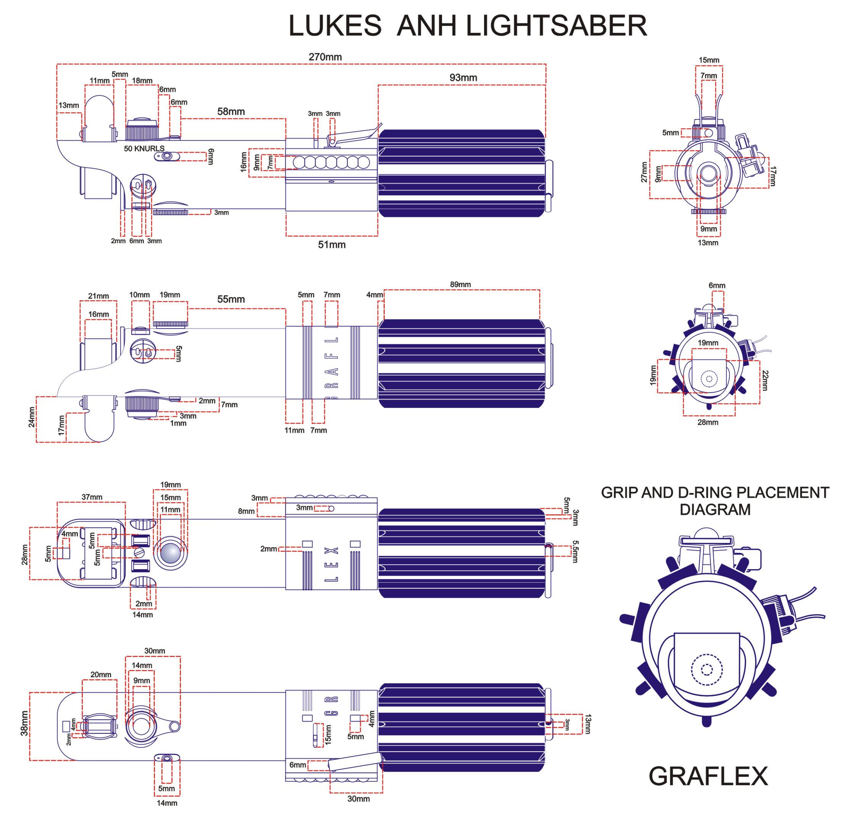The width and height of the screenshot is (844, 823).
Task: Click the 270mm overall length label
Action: [325, 56]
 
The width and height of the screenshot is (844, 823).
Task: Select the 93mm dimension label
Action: [463, 78]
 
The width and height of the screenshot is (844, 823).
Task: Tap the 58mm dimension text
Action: [231, 111]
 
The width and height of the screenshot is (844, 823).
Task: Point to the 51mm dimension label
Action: [332, 245]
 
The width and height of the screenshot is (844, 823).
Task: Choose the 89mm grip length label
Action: [460, 284]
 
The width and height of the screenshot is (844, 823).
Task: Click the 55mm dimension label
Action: [231, 299]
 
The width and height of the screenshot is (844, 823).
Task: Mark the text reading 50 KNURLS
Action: [144, 148]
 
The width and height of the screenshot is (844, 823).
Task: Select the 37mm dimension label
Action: [92, 497]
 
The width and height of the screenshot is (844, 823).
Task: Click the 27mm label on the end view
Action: [644, 172]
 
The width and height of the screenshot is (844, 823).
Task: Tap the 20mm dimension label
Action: [101, 674]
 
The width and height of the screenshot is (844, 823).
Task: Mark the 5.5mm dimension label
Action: [575, 551]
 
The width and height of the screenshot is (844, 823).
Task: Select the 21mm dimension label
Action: [98, 296]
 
